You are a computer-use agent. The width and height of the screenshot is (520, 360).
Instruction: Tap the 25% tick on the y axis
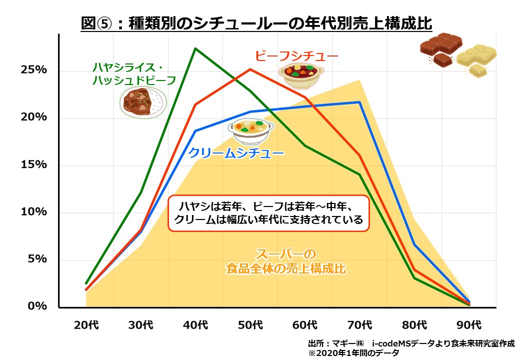coord(34,69)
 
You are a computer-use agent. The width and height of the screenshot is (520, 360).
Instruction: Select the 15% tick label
coord(34,164)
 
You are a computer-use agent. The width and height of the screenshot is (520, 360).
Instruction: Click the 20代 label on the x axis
coord(86,325)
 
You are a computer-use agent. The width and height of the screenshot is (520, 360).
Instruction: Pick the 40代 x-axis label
coord(195,325)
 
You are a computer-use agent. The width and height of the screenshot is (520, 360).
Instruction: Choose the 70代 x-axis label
coord(359,325)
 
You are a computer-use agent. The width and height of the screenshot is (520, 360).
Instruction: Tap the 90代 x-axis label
coord(469,325)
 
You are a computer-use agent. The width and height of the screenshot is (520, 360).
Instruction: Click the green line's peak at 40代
coord(195,48)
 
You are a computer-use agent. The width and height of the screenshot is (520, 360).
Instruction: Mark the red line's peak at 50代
coord(250,69)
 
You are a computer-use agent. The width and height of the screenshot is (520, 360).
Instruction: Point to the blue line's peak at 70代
coord(359,102)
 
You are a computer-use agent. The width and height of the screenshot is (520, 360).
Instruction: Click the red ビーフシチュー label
coord(296,55)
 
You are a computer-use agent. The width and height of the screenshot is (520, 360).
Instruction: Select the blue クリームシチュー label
coord(236,153)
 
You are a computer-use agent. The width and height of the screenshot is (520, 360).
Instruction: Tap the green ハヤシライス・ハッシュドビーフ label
coord(134,73)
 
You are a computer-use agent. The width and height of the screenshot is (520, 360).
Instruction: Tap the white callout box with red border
coord(268,212)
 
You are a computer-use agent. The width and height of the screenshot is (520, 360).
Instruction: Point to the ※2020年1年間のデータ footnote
coord(353,353)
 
